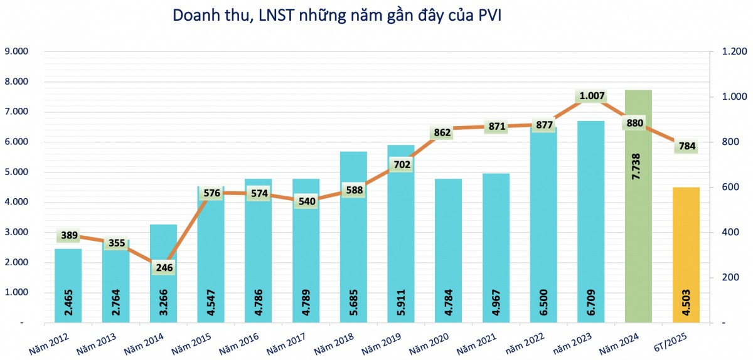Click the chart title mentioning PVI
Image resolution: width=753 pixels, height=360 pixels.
[x=337, y=16]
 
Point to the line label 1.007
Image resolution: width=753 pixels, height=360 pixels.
[x=592, y=96]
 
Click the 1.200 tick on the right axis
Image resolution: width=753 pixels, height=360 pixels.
[x=730, y=51]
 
